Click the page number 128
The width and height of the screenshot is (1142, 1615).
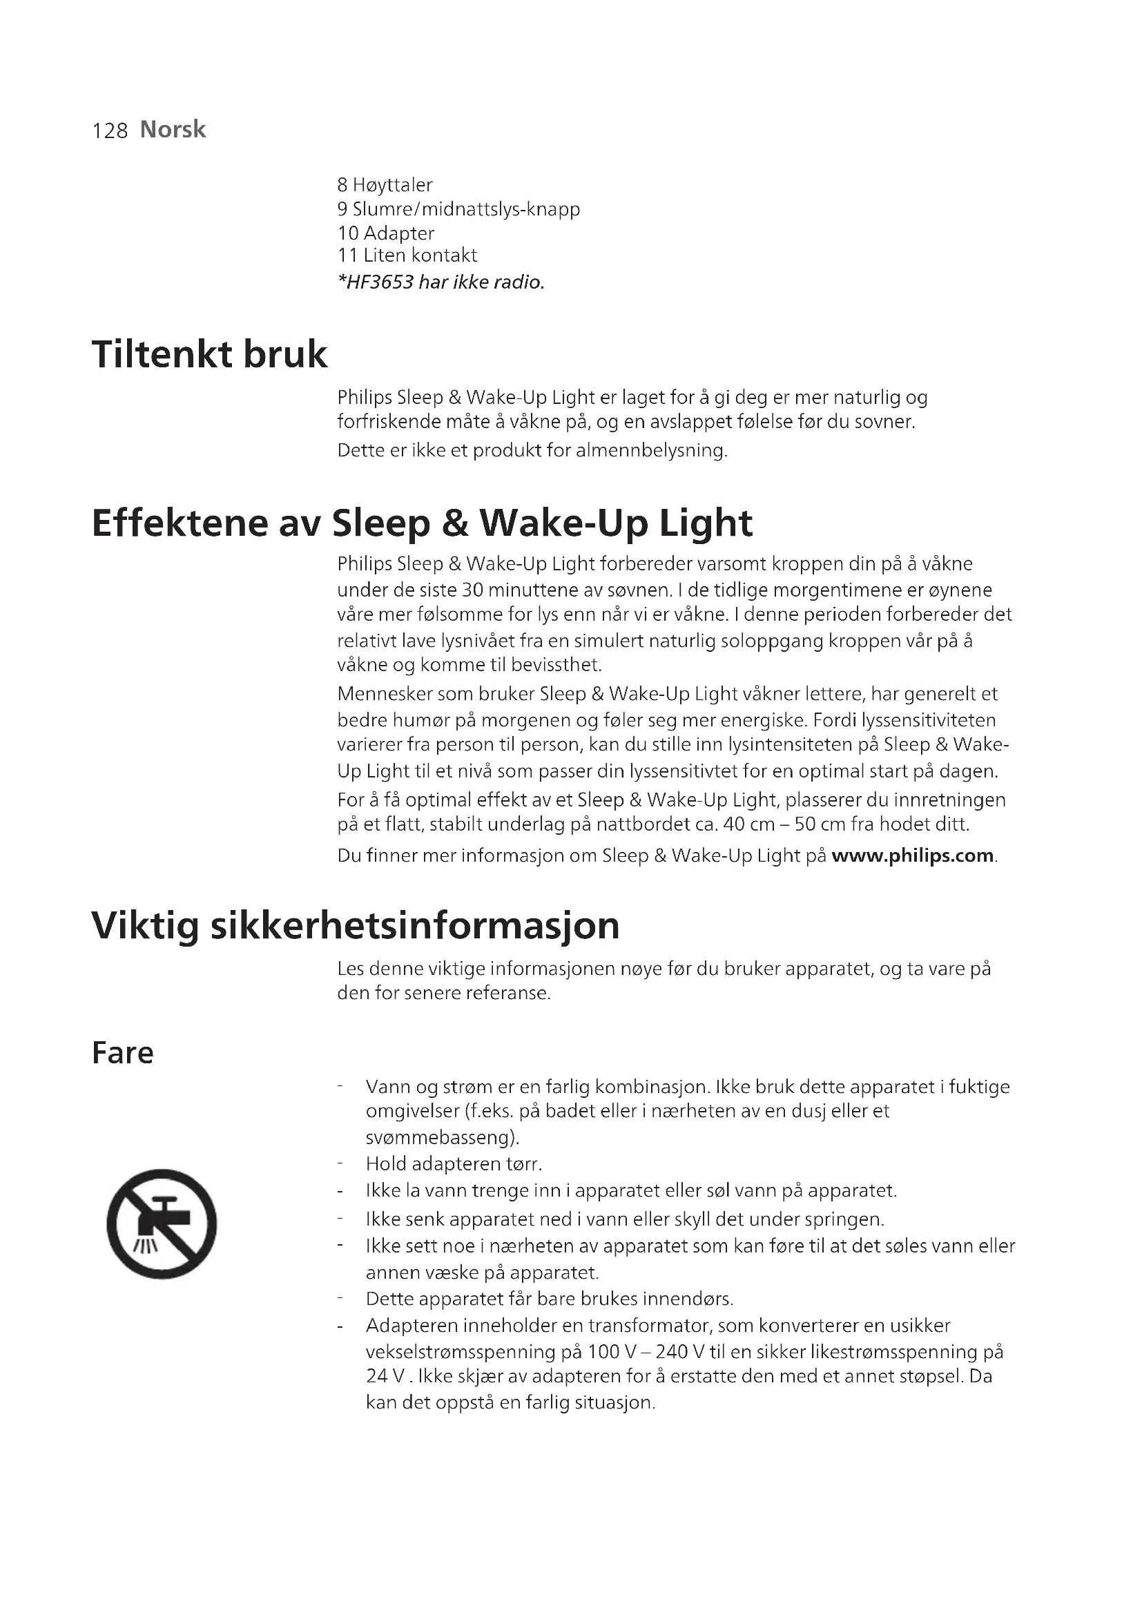[110, 130]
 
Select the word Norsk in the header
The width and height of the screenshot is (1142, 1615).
[173, 129]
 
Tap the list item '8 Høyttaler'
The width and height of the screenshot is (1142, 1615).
[385, 185]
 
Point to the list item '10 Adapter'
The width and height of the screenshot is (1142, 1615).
[385, 233]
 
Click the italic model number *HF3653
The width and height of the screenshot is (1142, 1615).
[376, 283]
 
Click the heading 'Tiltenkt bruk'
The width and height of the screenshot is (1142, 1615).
[210, 354]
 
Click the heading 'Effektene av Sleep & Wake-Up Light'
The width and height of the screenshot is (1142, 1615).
[422, 523]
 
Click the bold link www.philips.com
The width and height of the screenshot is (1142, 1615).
[912, 855]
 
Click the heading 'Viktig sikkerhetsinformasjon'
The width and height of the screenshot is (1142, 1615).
[355, 926]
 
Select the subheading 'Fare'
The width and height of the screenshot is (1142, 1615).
[122, 1053]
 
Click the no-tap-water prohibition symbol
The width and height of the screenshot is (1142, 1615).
[162, 1224]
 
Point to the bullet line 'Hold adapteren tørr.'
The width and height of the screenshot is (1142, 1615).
[454, 1164]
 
